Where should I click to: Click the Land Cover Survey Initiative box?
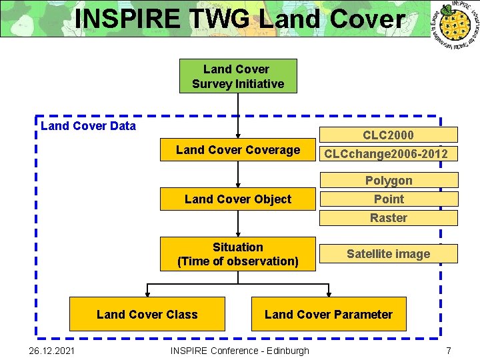(x=238, y=76)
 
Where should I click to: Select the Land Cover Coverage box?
(x=238, y=150)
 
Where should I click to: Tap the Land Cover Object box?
(x=238, y=199)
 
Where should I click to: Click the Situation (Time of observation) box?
(x=238, y=254)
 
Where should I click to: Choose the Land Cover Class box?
(x=147, y=314)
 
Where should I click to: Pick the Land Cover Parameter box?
(x=329, y=314)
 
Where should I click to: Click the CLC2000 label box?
(x=389, y=135)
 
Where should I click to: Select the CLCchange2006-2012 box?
(x=389, y=154)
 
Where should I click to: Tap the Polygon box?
(x=389, y=180)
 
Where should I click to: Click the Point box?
(x=389, y=199)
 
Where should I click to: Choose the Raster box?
(x=389, y=217)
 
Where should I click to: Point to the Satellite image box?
(x=389, y=253)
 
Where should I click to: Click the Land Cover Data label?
(x=88, y=126)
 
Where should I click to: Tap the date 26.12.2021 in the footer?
(x=47, y=351)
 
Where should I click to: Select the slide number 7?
(x=449, y=351)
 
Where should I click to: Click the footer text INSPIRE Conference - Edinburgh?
(x=240, y=351)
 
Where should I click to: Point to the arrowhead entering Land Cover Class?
(x=147, y=293)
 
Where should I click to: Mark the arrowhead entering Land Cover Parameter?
(x=328, y=293)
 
